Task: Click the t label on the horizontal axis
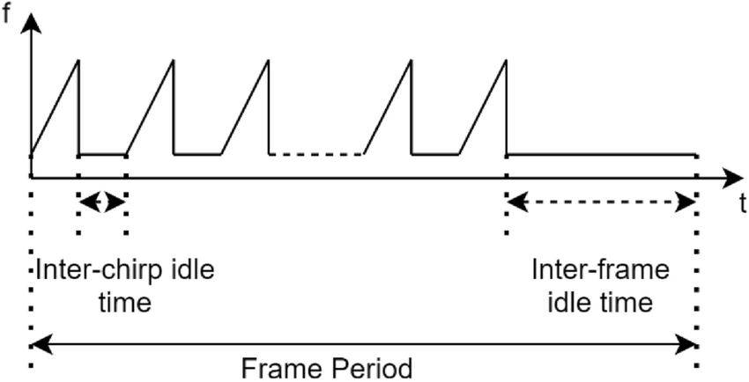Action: coord(743,203)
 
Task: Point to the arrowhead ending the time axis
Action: coord(733,178)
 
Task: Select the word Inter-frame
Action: coord(600,271)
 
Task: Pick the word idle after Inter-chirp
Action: coord(192,271)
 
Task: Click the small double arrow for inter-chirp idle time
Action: coord(101,202)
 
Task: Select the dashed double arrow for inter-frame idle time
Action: coord(601,202)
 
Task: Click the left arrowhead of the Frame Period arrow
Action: coord(41,345)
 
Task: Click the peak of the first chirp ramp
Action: coord(78,60)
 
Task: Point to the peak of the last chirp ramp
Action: coord(506,60)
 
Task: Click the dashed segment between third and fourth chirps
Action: coord(316,154)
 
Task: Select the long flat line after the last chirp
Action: coord(601,154)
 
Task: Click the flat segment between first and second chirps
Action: coord(101,154)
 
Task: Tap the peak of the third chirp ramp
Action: coord(269,60)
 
